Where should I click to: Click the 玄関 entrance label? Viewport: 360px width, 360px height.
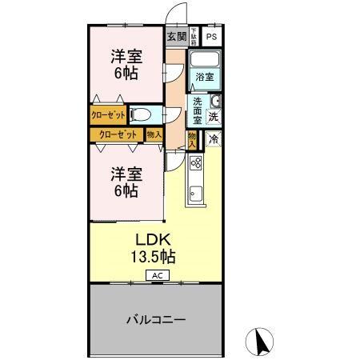tap(176, 37)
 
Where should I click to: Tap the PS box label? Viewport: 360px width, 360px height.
tap(212, 37)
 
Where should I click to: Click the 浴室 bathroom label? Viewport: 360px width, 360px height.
tap(205, 77)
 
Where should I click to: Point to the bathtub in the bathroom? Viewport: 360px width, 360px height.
tap(205, 60)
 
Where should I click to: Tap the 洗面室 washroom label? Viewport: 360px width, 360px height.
tap(197, 110)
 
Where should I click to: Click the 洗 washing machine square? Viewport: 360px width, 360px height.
tap(214, 116)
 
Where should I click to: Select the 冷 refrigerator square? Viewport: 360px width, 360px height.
tap(214, 139)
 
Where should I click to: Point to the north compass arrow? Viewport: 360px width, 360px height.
tap(259, 342)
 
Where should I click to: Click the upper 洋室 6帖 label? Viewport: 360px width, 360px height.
tap(126, 64)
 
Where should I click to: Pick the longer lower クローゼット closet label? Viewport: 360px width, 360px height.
tap(116, 134)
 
